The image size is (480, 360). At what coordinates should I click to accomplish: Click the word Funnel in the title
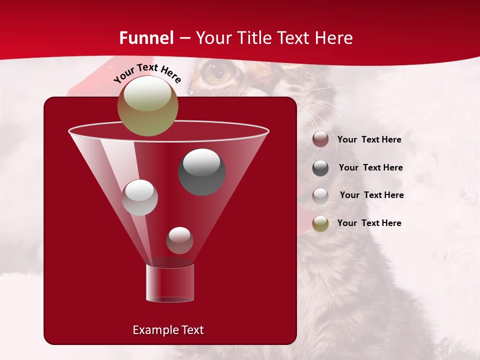(146, 38)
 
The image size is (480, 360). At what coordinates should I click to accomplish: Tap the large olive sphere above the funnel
(147, 106)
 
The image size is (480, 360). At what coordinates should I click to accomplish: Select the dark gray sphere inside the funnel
(201, 172)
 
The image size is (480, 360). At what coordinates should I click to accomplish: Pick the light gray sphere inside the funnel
(139, 197)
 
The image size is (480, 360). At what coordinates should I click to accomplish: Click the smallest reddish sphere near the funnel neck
(179, 240)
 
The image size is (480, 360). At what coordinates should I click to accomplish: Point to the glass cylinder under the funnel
(170, 283)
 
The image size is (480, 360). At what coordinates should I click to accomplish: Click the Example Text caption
(168, 330)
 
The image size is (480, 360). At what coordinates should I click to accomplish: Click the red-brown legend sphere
(320, 139)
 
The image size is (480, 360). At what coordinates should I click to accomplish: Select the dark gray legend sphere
(320, 168)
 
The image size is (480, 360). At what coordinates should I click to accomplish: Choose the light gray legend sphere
(320, 196)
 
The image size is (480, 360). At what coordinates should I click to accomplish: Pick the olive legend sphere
(320, 223)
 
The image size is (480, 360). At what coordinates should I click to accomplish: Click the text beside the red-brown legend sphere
(369, 140)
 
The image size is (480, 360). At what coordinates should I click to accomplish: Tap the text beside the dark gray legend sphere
(370, 168)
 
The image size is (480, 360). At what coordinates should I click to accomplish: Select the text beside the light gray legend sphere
(371, 195)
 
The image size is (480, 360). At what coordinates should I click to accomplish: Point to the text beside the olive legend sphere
(369, 223)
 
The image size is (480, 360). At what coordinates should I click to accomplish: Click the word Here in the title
(334, 38)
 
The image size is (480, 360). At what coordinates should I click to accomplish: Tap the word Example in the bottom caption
(152, 330)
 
